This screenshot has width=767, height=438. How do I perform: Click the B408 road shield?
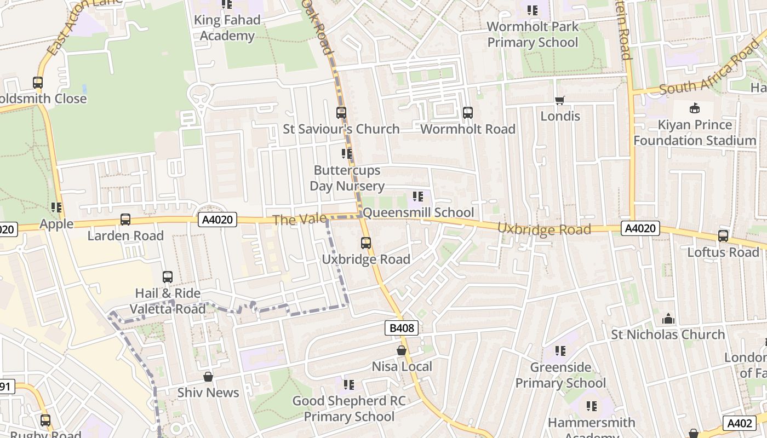click(402, 328)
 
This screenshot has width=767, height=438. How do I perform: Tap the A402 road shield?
click(739, 423)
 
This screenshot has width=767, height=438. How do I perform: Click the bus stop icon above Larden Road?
click(125, 220)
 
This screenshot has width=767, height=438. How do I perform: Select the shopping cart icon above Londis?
click(559, 100)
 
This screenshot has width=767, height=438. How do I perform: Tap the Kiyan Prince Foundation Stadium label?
click(695, 132)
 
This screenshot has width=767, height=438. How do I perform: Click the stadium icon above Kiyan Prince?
click(695, 108)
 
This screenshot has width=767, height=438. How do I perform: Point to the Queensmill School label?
click(419, 212)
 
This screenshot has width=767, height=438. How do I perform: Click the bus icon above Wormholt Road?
click(467, 113)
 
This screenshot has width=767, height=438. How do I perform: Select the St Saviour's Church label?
click(341, 129)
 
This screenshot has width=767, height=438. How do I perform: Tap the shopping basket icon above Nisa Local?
click(402, 350)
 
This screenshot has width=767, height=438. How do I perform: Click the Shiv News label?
click(208, 393)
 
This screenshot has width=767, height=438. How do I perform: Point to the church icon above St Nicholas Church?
click(668, 319)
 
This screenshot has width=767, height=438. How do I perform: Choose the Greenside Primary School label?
click(560, 375)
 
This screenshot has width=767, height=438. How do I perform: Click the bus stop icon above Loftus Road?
click(723, 236)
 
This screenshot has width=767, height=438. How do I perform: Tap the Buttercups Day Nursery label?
click(347, 178)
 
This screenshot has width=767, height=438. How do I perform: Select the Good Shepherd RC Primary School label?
click(349, 408)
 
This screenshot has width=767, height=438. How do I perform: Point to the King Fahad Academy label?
click(227, 28)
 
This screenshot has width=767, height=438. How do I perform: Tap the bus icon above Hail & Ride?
click(168, 277)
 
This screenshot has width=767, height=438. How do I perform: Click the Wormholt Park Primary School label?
click(533, 34)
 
